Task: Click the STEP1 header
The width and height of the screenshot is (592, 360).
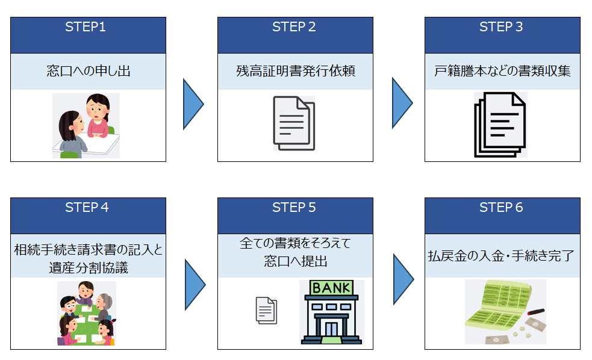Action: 88,27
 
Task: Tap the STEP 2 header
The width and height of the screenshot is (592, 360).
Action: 294,27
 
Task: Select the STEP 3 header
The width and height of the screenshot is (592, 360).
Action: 502,27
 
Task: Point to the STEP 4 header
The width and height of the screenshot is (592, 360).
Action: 88,208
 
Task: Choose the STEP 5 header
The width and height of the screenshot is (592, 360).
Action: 294,208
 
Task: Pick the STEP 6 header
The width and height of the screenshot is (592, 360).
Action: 502,208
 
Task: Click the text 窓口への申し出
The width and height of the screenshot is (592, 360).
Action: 88,71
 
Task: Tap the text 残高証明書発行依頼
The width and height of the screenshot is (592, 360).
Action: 295,71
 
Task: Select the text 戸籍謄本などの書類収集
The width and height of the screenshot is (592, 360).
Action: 502,71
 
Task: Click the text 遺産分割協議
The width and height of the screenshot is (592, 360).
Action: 88,267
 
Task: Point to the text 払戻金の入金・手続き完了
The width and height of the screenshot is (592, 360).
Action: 502,255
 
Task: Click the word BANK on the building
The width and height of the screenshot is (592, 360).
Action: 332,288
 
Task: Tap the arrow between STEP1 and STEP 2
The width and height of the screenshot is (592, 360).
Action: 193,104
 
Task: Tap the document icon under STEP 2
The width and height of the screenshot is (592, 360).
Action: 294,123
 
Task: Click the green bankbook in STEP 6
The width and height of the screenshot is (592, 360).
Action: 494,310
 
